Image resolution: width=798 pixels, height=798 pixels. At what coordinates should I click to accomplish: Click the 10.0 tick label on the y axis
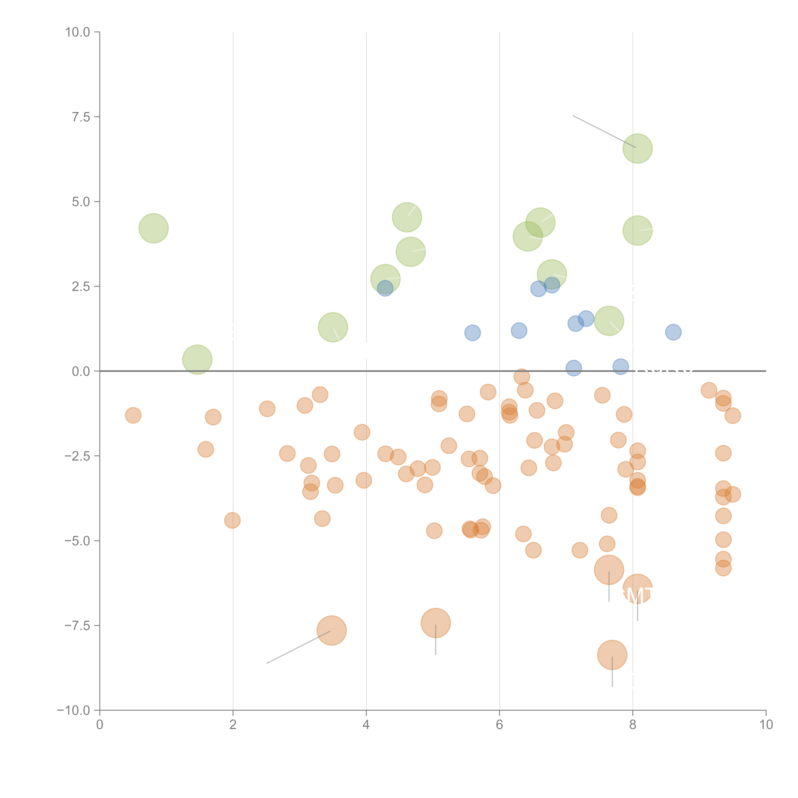(78, 32)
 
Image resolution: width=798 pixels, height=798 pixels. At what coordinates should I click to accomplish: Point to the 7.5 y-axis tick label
(81, 117)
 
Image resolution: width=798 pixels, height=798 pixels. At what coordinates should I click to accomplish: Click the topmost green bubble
(637, 148)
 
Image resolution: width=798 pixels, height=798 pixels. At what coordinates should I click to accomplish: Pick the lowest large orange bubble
(612, 655)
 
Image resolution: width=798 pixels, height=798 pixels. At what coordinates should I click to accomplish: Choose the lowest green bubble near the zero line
(197, 359)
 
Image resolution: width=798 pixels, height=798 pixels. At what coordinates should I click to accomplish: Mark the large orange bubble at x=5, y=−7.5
(435, 623)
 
